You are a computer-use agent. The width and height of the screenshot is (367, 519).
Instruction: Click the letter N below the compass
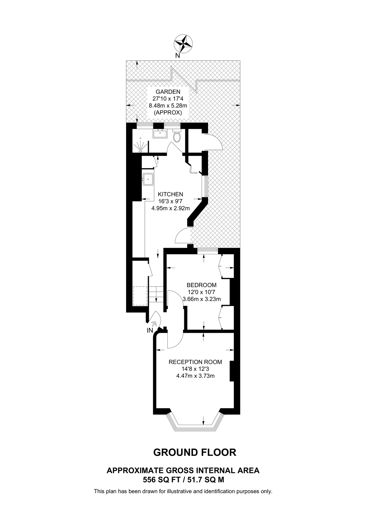pos(178,56)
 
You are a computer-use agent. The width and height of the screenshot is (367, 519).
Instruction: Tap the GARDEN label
pos(168,92)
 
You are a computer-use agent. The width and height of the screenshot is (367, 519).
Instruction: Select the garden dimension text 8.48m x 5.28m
pos(168,106)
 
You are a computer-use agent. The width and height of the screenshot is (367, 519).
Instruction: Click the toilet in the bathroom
pos(177,137)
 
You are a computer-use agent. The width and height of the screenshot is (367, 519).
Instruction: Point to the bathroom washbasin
pos(160,134)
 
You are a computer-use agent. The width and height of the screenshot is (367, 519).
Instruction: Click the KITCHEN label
pos(171,194)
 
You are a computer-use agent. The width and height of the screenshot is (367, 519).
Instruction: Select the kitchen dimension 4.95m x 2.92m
pos(171,208)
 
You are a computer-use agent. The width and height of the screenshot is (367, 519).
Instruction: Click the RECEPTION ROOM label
pos(195,362)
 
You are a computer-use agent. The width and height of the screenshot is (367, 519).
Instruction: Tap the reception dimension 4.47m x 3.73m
pos(195,376)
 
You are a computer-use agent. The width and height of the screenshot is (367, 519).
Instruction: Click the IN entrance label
pos(150,331)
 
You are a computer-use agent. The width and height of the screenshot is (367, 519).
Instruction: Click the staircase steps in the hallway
pos(156,294)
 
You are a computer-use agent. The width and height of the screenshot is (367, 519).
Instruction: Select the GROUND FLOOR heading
pos(195,452)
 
